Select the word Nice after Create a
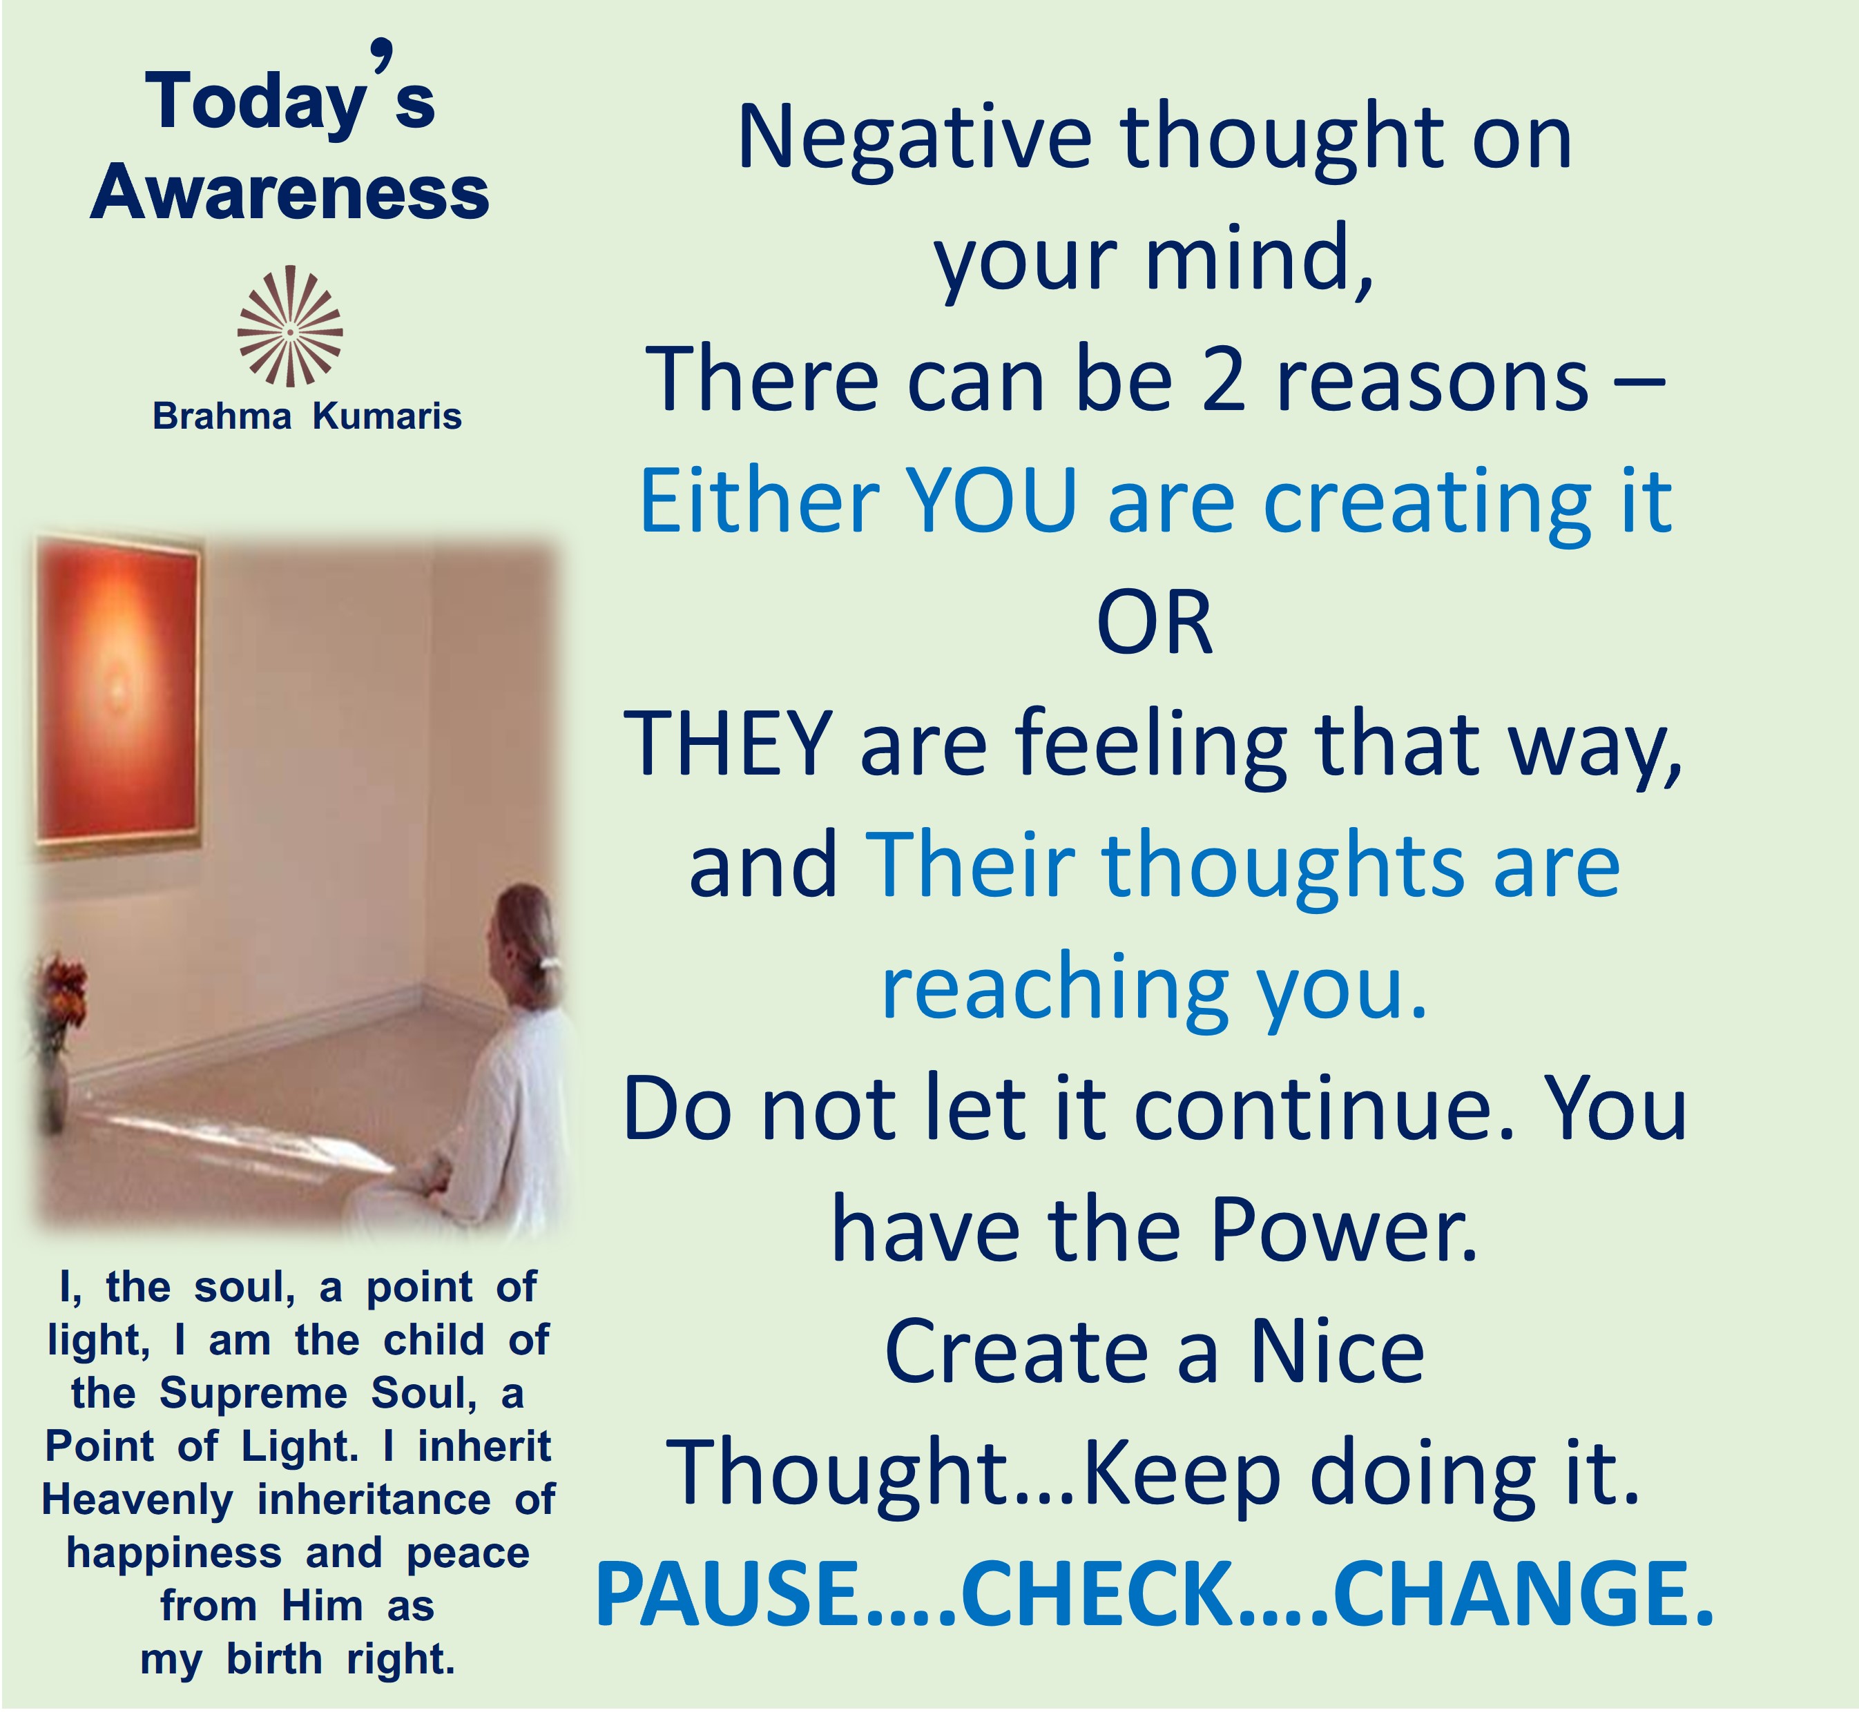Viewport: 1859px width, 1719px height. (1337, 1352)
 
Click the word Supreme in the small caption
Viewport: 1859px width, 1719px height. (253, 1393)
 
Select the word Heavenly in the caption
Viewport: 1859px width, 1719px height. (137, 1500)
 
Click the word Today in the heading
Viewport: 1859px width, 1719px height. (255, 102)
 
